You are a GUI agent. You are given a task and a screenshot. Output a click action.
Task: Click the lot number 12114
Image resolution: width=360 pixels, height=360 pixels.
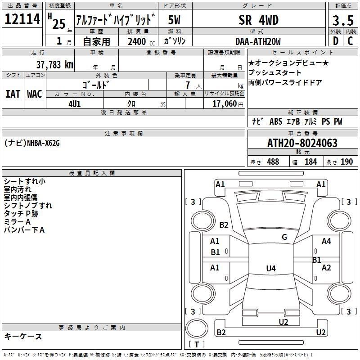[x=22, y=19]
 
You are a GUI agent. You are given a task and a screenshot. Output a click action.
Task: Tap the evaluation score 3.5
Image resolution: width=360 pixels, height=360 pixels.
[x=343, y=20]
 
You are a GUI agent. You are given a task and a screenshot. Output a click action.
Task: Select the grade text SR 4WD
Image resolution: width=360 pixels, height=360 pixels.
[x=258, y=20]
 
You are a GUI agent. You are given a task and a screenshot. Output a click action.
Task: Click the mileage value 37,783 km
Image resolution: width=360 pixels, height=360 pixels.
[x=55, y=65]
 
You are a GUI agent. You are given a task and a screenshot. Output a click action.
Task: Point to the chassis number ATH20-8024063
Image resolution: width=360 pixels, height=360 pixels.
[x=302, y=143]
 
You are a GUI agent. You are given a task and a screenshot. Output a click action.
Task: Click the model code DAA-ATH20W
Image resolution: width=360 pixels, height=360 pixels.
[x=258, y=41]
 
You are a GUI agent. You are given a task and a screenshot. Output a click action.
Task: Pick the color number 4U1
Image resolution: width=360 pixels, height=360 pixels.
[x=75, y=104]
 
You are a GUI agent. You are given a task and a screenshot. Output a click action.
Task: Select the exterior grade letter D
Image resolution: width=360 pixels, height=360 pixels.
[x=336, y=41]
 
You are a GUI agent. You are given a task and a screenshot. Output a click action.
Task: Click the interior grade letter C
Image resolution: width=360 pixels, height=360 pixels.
[x=351, y=41]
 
